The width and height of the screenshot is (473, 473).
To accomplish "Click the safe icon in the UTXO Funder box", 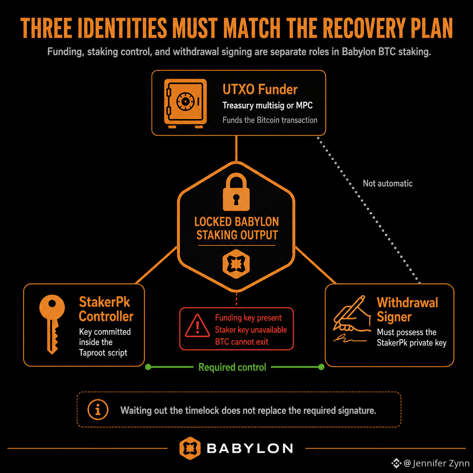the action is click(185, 103).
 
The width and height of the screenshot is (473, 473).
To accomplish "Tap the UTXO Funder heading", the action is click(260, 89).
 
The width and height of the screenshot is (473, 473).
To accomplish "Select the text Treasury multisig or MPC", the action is click(267, 106).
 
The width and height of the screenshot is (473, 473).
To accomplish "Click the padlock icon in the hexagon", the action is click(236, 192).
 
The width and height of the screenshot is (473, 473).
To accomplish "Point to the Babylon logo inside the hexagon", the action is click(236, 264).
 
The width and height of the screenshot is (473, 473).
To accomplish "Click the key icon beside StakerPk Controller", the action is click(52, 324).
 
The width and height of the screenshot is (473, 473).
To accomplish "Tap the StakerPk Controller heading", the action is click(106, 309).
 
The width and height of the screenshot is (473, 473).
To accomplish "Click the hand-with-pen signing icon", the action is click(352, 319).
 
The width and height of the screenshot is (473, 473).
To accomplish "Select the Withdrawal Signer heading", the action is click(407, 310).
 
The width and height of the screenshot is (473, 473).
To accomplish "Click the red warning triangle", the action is click(197, 326).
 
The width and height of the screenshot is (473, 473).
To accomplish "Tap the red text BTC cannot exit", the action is click(241, 342).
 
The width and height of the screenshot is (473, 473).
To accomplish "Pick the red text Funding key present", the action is click(248, 318).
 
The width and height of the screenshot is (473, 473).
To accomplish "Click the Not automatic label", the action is click(388, 183).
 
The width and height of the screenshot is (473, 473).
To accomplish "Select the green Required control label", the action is click(232, 367).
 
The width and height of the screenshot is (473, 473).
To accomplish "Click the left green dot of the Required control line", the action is click(148, 367).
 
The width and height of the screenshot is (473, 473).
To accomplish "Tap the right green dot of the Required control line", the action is click(321, 367).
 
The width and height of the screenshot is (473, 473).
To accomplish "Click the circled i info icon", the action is click(98, 410).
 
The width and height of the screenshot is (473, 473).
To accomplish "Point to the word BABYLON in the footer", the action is click(250, 448).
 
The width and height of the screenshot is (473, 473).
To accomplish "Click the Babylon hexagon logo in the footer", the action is click(190, 448).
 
